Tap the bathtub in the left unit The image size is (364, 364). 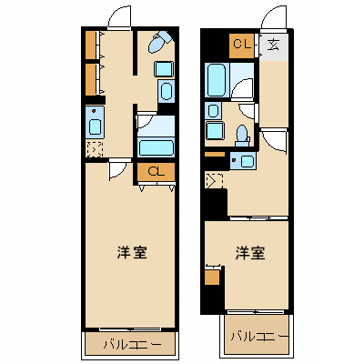click(156, 147)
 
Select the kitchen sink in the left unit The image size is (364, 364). click(96, 121)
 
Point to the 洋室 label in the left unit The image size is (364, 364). click(133, 250)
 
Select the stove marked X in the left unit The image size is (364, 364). click(95, 150)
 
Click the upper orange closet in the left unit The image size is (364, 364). click(90, 45)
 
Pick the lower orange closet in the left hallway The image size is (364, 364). click(90, 78)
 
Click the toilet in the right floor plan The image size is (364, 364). click(242, 134)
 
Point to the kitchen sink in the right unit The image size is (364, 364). click(244, 162)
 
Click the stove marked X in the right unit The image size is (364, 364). click(215, 179)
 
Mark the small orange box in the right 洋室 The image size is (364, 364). click(213, 277)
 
